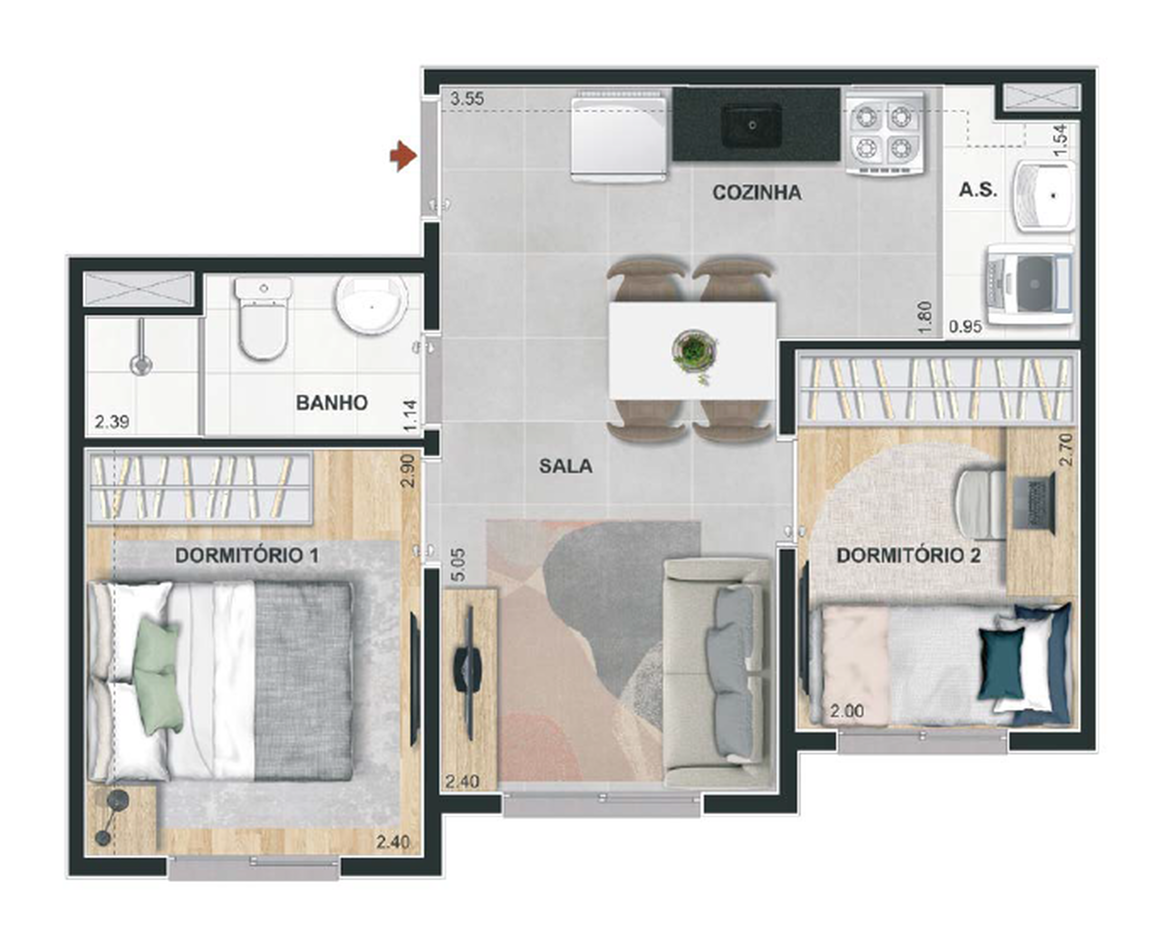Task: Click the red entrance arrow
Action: coord(403,156)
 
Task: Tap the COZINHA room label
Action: coord(756,193)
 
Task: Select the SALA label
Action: coord(565,466)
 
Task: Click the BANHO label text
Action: coord(331,403)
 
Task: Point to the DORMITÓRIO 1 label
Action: coord(247,555)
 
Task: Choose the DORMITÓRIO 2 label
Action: coord(908,555)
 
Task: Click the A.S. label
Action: coord(978,190)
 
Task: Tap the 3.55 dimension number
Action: coord(467,99)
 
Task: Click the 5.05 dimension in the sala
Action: coord(457,565)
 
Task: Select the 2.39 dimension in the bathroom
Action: coord(112,421)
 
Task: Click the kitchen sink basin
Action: coord(752,126)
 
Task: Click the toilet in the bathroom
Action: coord(263,319)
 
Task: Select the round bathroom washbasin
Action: coord(371,306)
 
